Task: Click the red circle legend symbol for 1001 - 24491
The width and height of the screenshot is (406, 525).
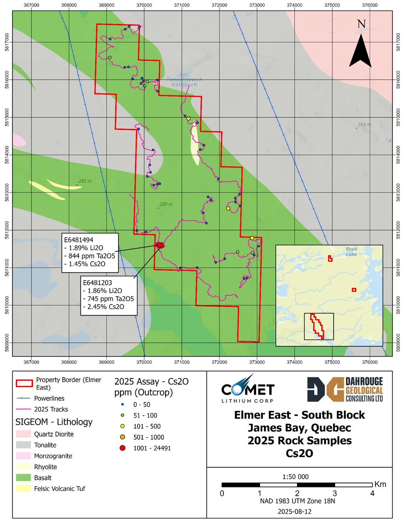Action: point(122,448)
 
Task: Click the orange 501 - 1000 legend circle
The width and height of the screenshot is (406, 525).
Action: point(122,437)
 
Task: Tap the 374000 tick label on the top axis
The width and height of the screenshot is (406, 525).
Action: point(295,5)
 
